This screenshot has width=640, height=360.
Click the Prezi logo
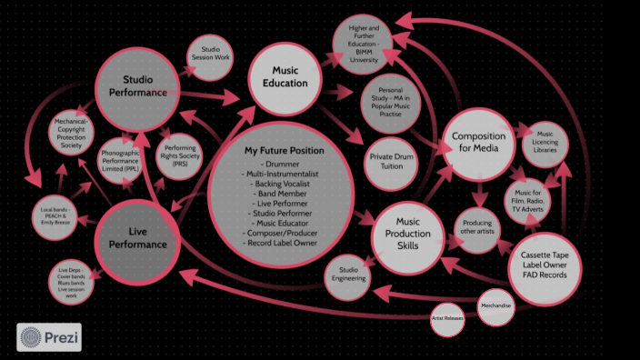click(x=49, y=337)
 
